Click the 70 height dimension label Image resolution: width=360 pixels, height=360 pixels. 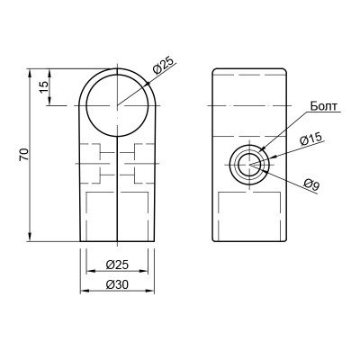(24, 155)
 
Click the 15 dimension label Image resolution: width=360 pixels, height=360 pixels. (44, 87)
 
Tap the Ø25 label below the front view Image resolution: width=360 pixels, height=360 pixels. (117, 265)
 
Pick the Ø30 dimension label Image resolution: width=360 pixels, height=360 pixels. (117, 284)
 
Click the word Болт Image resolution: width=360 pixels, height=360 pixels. (324, 106)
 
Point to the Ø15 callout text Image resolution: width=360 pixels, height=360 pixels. (310, 139)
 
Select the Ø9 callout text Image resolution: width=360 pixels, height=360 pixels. (311, 184)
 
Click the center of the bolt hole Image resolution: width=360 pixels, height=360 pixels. (249, 165)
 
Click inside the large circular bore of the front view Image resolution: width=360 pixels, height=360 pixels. (117, 105)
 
